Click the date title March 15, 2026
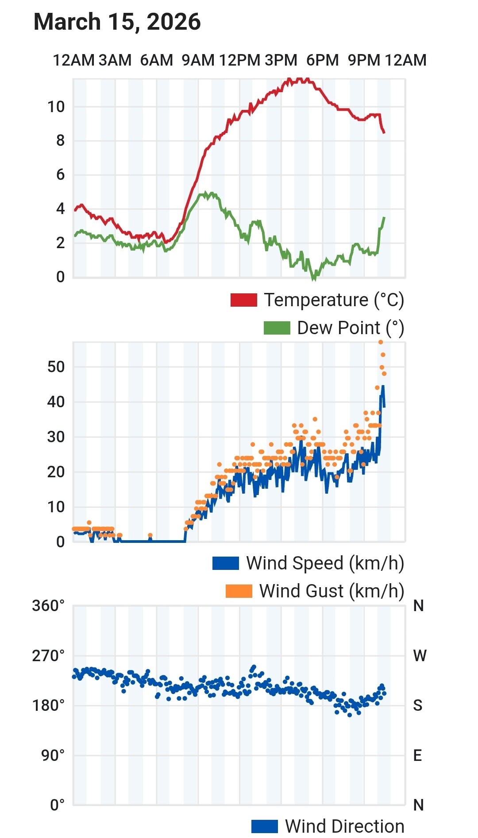coord(117,22)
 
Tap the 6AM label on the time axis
coord(156,60)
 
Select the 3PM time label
coord(281,60)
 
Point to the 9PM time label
coord(364,60)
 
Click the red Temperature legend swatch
coord(243,300)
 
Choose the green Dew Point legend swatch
coord(277,328)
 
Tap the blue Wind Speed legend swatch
coord(226,563)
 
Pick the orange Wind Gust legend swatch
coord(239,591)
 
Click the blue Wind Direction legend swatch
coord(264,826)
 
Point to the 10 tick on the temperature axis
coord(56,107)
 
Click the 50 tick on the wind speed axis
coord(56,367)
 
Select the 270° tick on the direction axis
coord(48,655)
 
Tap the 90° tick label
coord(53,755)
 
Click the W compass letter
coord(419,655)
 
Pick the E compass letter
coord(417,755)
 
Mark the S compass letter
coord(417,705)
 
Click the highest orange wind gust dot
coord(381,342)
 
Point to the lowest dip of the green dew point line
coord(314,279)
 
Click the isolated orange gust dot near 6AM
coord(150,535)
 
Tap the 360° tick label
coord(48,605)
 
